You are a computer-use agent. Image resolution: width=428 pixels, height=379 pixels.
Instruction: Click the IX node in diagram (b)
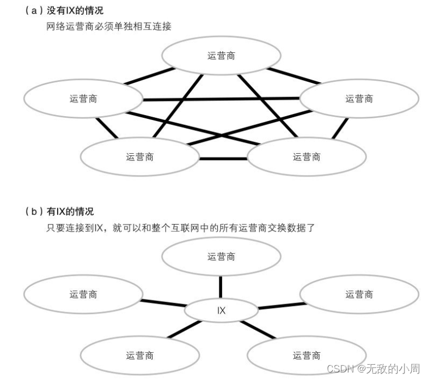coord(221,311)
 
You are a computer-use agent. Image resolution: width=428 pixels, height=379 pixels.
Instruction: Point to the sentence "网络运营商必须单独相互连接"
coord(109,26)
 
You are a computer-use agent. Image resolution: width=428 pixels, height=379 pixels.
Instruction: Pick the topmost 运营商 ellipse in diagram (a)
coord(221,56)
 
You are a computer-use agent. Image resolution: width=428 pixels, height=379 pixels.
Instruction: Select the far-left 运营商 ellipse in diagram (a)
coord(83,99)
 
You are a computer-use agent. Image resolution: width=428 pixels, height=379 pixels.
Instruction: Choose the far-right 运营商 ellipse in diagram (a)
coord(359,99)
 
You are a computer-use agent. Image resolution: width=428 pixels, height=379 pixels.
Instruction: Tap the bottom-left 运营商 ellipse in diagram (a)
coord(139,157)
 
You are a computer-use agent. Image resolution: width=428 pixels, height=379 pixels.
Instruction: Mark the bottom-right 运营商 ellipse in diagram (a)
coord(306,157)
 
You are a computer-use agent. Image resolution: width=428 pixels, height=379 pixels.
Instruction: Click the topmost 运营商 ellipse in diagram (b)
coord(221,257)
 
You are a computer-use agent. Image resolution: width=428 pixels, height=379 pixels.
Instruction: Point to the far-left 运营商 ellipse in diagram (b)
coord(83,294)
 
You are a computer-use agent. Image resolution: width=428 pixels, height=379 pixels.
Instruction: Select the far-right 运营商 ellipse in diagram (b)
coord(359,294)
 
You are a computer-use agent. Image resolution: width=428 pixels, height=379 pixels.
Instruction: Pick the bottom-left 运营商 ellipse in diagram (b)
coord(139,356)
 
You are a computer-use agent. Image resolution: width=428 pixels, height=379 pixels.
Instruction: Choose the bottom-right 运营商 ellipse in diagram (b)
coord(306,356)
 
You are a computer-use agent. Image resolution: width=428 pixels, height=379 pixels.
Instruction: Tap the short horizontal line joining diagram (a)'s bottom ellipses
coord(223,159)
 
